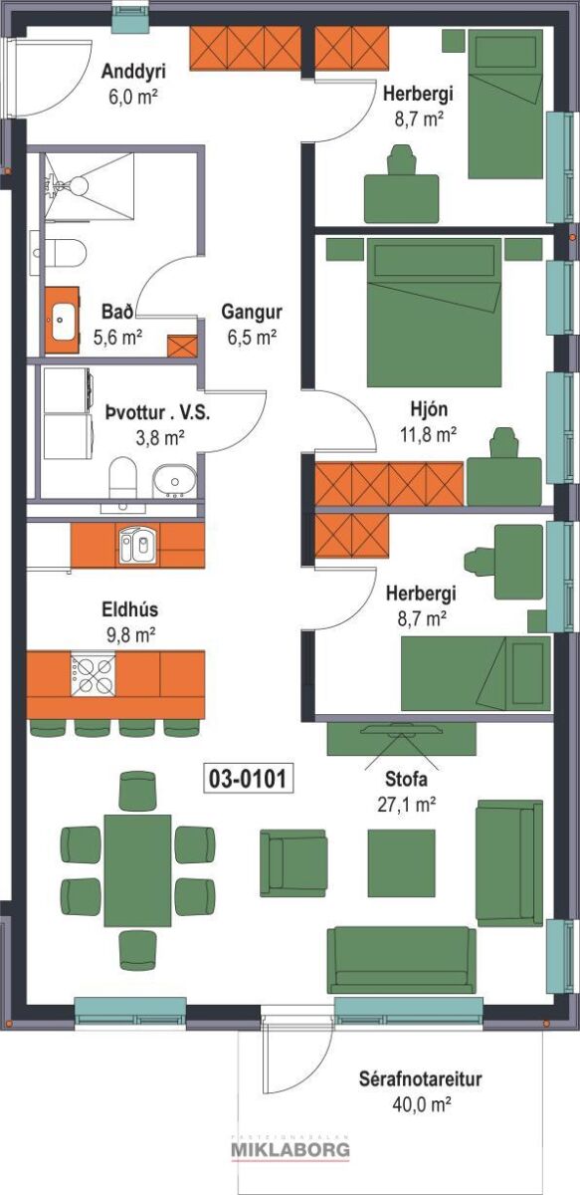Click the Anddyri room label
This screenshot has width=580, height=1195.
[x=133, y=71]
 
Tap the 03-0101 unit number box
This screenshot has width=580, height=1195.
[x=249, y=779]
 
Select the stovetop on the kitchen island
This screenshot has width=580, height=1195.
[x=93, y=675]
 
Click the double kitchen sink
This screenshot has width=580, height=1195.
[x=138, y=544]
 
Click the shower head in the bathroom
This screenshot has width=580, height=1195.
[x=79, y=185]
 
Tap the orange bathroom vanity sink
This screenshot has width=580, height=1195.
[x=62, y=320]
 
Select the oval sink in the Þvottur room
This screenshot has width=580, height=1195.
[x=174, y=481]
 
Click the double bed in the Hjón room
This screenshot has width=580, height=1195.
[x=434, y=312]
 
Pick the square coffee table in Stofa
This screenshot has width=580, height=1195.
[x=401, y=863]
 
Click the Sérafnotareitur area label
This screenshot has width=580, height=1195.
[x=420, y=1078]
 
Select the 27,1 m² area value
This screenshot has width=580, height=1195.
[x=407, y=804]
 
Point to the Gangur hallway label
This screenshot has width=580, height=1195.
[x=252, y=312]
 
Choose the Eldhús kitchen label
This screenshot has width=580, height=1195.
[x=130, y=609]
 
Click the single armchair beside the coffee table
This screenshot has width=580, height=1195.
[x=293, y=862]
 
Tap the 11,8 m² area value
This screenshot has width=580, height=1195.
[x=428, y=435]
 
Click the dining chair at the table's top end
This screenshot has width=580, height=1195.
[x=137, y=790]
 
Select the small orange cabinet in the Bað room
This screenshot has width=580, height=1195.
[x=182, y=346]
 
